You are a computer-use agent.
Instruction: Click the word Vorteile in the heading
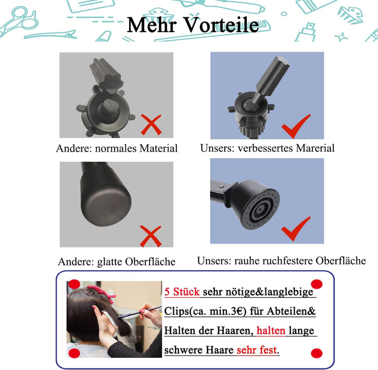pos(222,25)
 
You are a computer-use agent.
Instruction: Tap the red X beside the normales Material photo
pos(151,124)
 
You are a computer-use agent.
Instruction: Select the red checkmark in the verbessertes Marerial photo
pos(296,126)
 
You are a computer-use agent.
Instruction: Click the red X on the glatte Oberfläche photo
pos(151,236)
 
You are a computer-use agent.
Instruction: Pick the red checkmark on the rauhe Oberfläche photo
pos(296,229)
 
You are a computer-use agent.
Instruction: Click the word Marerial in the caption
pos(315,148)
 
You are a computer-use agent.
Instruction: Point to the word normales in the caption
pos(115,149)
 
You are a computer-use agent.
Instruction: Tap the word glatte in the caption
pos(110,262)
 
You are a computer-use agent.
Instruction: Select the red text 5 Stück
pos(182,292)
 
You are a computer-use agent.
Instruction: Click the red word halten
pos(271,330)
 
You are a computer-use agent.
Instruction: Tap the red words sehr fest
pos(257,350)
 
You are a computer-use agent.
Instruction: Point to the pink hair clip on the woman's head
pos(102,292)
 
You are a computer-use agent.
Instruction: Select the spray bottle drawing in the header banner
pos(306,33)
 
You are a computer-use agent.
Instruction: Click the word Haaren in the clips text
pos(233,331)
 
